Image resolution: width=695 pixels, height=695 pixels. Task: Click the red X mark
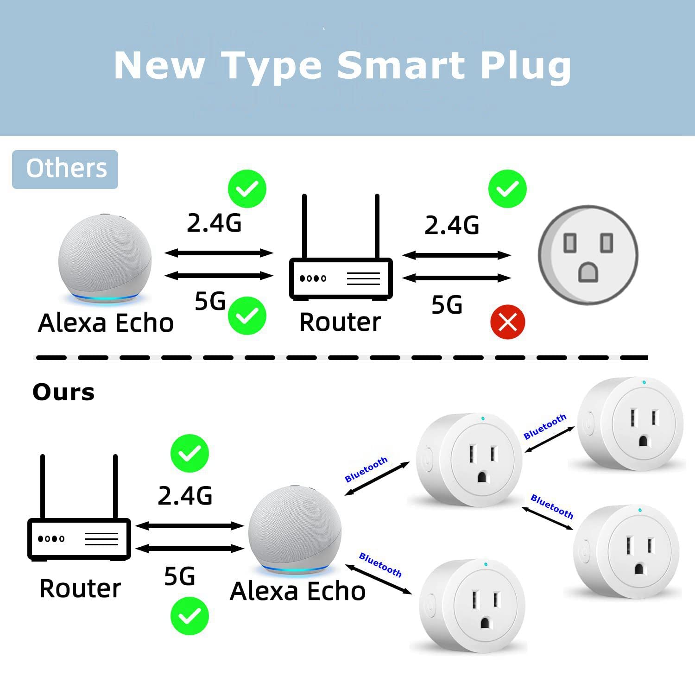(507, 322)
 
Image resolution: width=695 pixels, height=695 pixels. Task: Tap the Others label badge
(65, 169)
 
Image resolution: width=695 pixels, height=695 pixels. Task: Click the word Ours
(63, 392)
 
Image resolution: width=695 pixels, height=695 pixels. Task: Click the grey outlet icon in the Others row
(588, 255)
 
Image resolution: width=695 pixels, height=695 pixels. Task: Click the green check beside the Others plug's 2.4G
(507, 189)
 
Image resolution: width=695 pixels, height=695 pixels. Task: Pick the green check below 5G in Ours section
(190, 616)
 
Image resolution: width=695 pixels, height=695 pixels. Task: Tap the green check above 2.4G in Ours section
(190, 453)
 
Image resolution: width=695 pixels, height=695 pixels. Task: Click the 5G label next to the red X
(447, 305)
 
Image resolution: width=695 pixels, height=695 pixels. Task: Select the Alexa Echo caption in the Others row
(106, 323)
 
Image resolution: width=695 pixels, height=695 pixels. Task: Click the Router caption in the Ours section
(80, 588)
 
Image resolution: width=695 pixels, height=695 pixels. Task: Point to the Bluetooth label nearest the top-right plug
(545, 426)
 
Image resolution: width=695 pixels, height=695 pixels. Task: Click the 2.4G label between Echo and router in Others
(214, 223)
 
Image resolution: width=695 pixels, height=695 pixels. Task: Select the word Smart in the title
(400, 65)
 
